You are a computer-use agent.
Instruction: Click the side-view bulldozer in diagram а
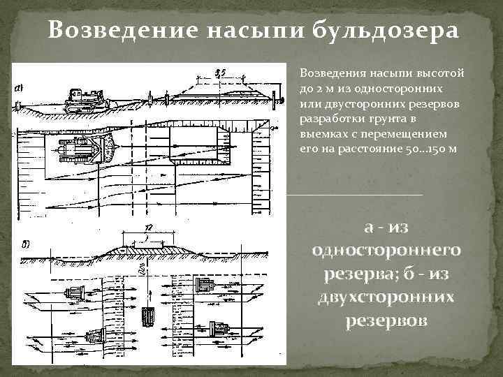coord(85,101)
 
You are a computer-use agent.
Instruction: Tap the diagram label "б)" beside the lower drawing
coord(25,244)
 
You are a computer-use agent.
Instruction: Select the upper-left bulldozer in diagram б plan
coord(75,293)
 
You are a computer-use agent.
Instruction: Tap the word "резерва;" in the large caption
coord(363,274)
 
